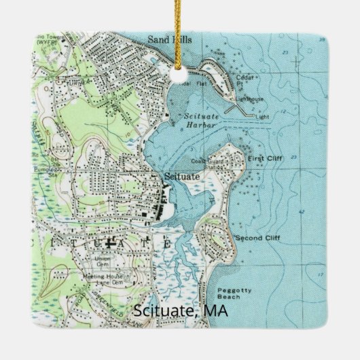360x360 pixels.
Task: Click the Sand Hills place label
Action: pos(170,40)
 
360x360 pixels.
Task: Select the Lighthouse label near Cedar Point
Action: pos(251,99)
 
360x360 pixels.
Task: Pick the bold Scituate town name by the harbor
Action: pos(182,176)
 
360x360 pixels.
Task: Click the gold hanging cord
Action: pos(180,27)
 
